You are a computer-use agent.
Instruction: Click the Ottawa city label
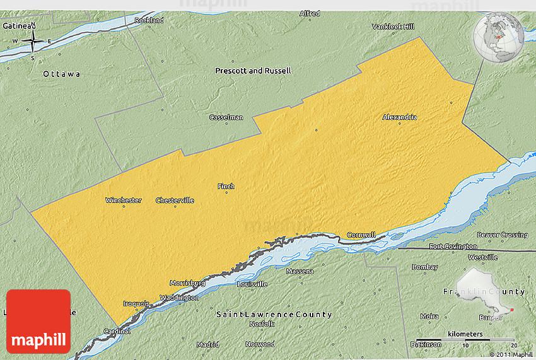tap(61, 74)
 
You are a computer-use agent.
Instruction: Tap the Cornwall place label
tap(361, 235)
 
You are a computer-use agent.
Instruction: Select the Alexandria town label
tap(399, 117)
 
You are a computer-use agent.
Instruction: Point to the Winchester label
tap(123, 200)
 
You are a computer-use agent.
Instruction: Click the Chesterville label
tap(175, 200)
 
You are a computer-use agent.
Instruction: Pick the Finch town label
tap(226, 186)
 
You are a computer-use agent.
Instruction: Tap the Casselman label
tap(226, 117)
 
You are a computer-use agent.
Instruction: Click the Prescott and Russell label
tap(253, 71)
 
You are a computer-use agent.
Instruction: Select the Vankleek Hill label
tap(393, 26)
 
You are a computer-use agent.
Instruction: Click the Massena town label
tap(300, 271)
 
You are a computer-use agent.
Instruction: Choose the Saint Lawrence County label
tap(274, 314)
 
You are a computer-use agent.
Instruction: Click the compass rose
tap(32, 42)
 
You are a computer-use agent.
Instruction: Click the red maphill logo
tap(38, 321)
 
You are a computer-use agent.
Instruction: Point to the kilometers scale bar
tap(465, 339)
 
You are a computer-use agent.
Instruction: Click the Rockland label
tap(149, 20)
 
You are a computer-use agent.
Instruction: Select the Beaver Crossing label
tap(502, 235)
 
